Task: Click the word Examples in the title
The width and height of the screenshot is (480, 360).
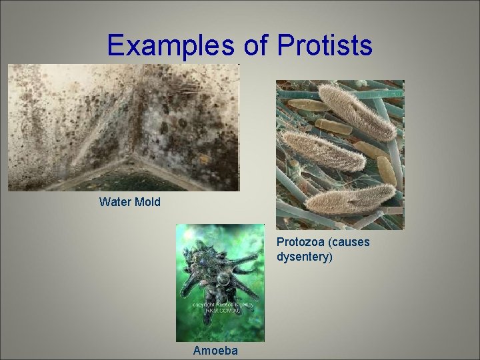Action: pos(169,45)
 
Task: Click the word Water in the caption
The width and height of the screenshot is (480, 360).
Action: pos(114,201)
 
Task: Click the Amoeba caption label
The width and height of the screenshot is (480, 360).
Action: pos(214,350)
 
